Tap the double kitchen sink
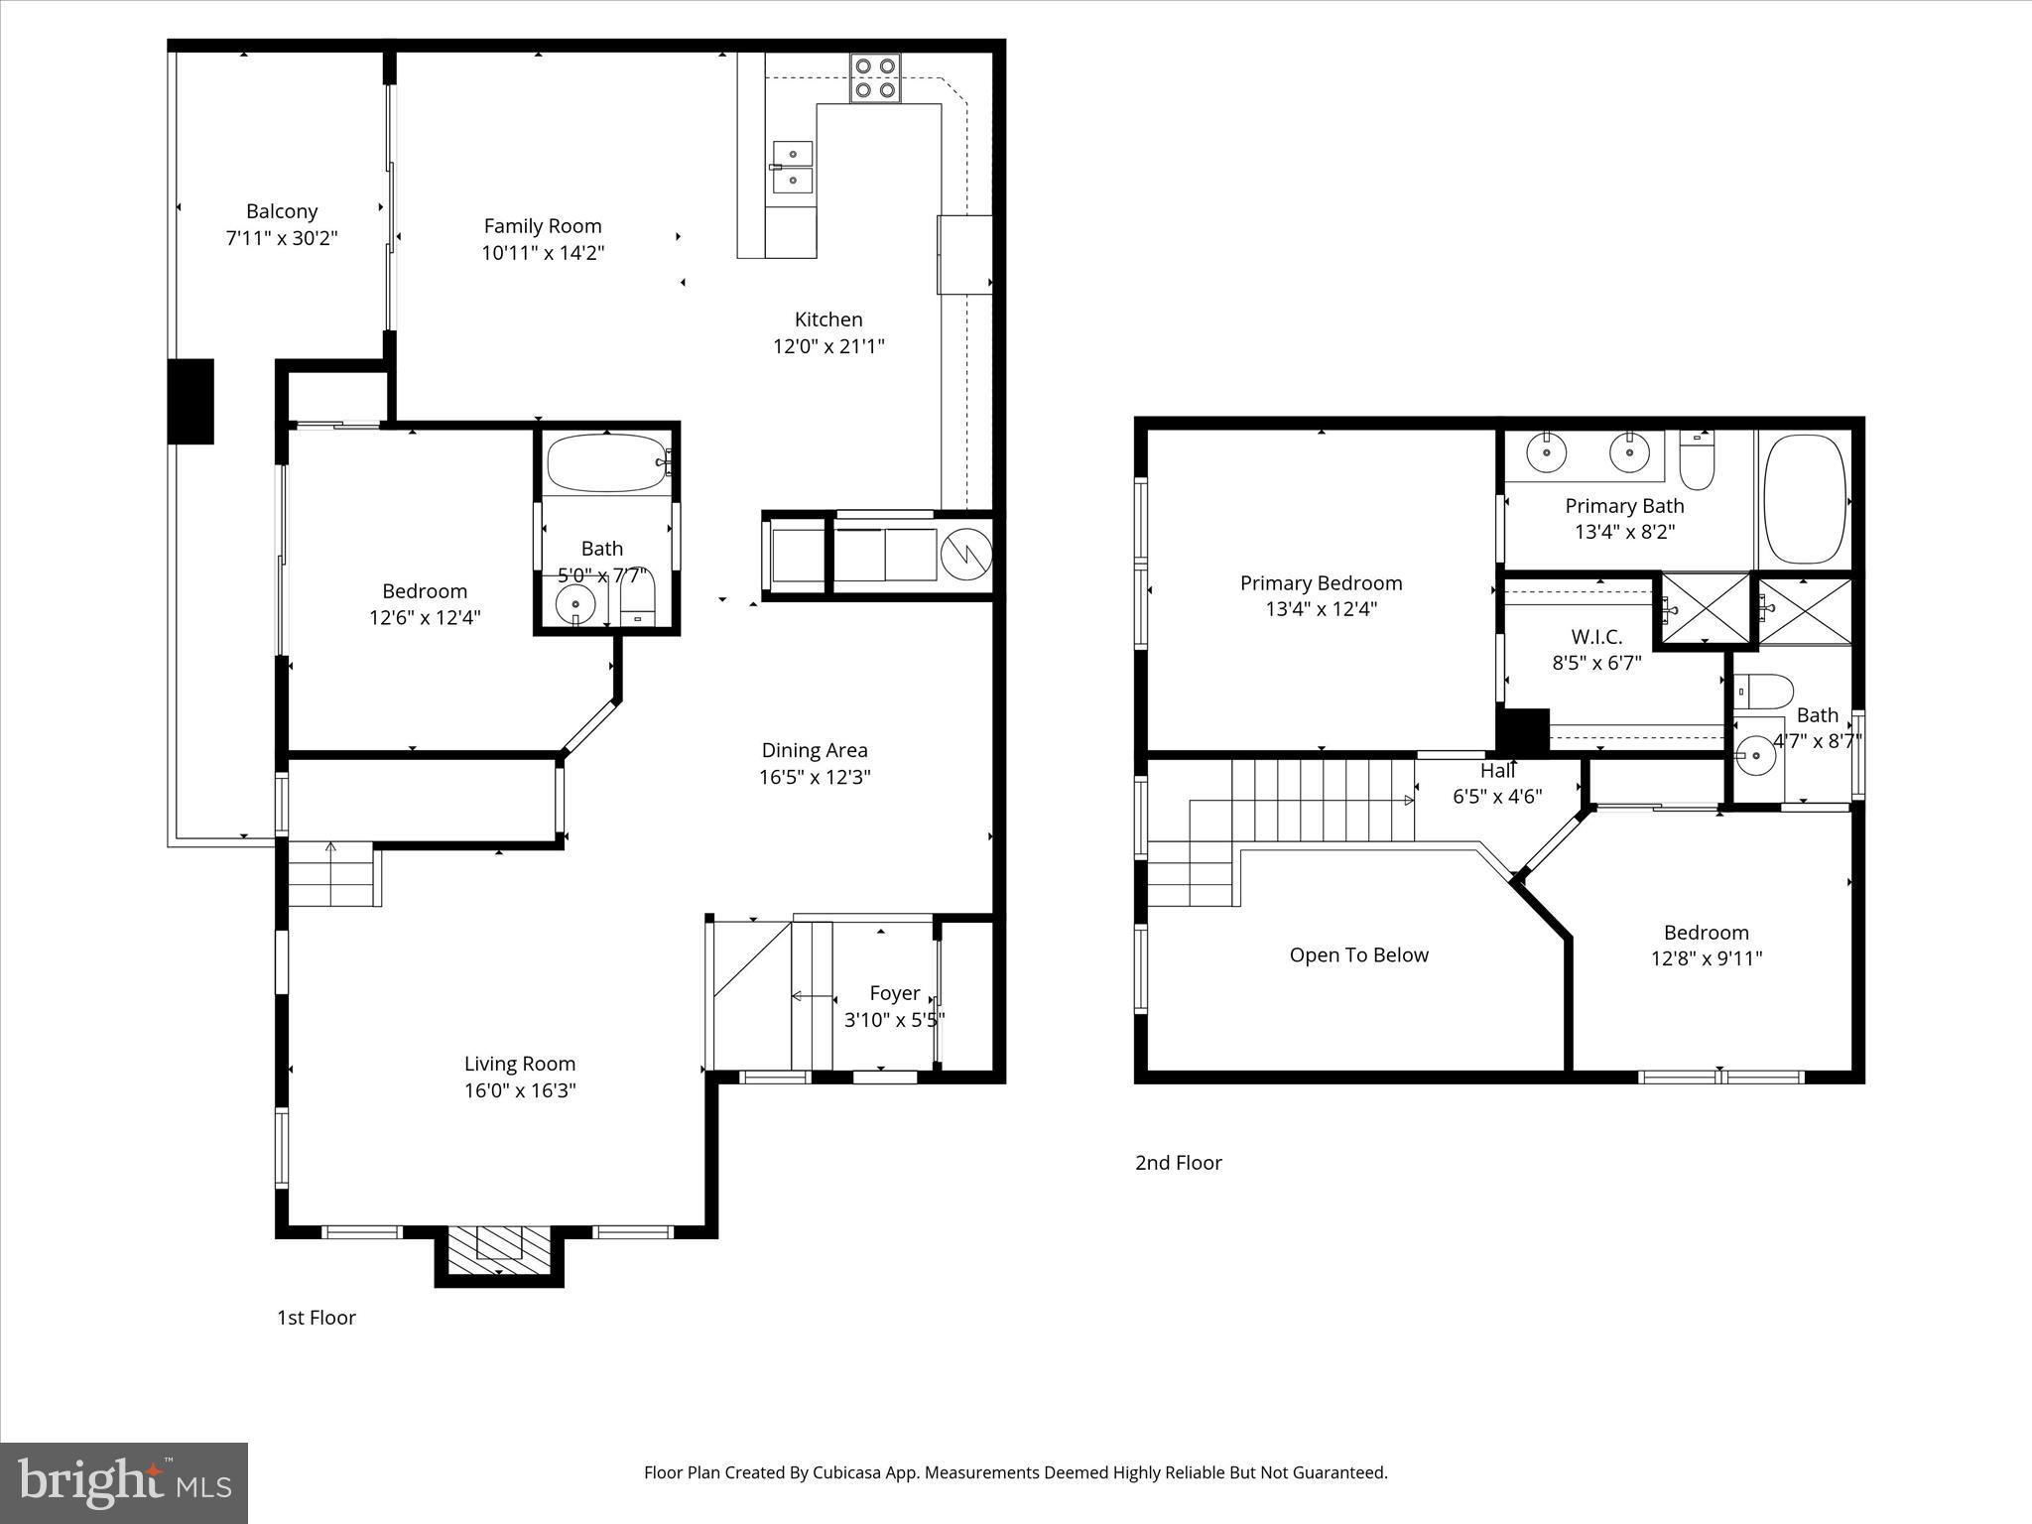click(792, 167)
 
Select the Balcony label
click(282, 211)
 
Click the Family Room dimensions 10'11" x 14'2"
click(543, 253)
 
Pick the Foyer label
click(894, 993)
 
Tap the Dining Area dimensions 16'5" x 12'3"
click(815, 777)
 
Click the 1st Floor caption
click(316, 1318)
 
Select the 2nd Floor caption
click(1178, 1163)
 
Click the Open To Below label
click(1358, 955)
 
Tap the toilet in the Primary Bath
click(1698, 463)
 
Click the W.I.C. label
click(1596, 637)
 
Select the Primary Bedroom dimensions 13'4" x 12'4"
click(1321, 609)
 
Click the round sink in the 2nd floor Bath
click(1757, 756)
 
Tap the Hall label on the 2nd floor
click(1497, 771)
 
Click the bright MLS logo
click(124, 1483)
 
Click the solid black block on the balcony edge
click(190, 401)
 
